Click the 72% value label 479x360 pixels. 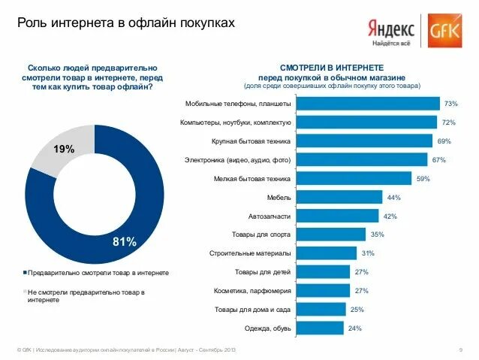450,122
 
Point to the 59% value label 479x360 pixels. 423,178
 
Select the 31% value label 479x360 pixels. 367,253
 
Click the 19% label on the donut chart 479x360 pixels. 63,150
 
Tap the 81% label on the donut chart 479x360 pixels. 124,241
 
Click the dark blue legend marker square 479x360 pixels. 25,272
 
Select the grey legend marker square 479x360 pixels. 25,291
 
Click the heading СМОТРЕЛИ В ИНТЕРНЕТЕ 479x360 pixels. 331,67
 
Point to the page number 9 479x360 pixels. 459,350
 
